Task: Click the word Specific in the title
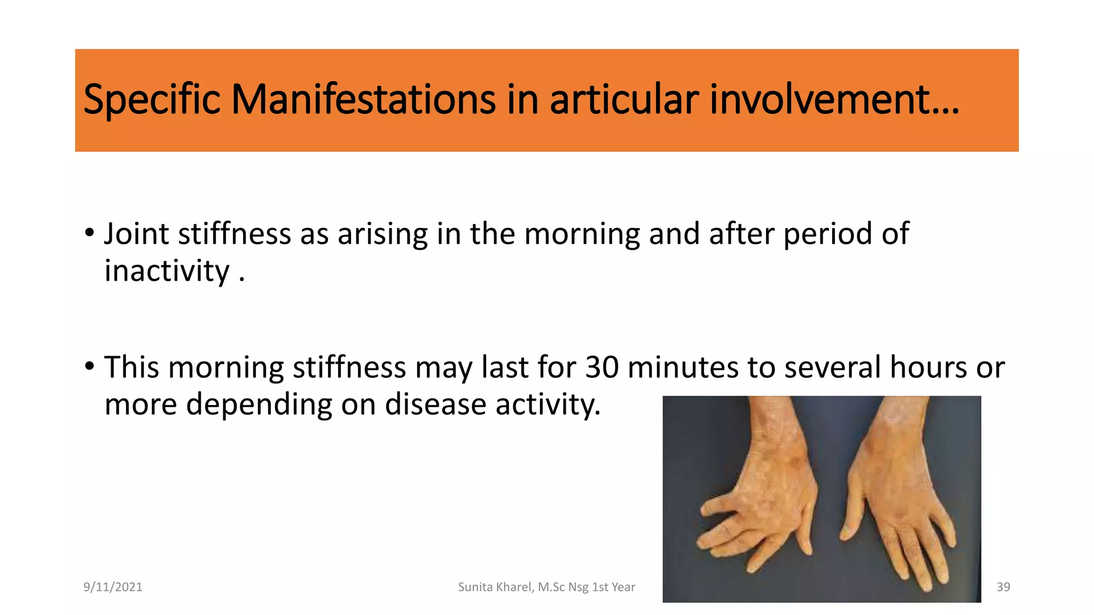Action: click(x=152, y=100)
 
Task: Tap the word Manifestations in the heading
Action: click(x=363, y=100)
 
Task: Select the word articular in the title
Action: click(x=624, y=100)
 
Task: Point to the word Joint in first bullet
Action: click(x=136, y=234)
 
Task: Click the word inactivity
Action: click(x=167, y=271)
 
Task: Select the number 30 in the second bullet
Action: click(x=602, y=368)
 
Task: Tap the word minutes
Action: click(x=683, y=368)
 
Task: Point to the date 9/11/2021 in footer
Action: click(x=113, y=587)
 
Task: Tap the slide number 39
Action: click(x=1003, y=587)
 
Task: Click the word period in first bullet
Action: click(x=827, y=234)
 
